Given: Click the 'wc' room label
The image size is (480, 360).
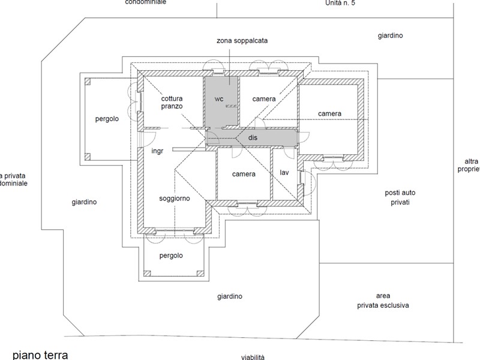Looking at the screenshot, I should coord(219,98).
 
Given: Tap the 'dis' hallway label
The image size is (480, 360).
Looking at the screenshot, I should coord(253,138).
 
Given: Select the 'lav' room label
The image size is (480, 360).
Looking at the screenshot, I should coord(285,173).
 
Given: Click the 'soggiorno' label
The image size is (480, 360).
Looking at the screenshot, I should coord(175,198).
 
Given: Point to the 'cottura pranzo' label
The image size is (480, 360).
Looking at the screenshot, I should coord(172,102).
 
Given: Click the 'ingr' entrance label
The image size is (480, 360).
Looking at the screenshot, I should coord(158,151).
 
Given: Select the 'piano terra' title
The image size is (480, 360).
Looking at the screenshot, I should coord(40,355).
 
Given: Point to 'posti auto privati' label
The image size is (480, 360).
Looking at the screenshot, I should coord(400,197).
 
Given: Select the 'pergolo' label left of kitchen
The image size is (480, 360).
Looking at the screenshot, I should coord(107,119).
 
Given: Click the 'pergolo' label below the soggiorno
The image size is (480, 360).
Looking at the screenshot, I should coord(171,256).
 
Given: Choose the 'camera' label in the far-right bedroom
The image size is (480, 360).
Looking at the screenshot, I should coord(330,113).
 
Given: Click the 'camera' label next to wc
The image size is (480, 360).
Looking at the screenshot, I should coord(264,98).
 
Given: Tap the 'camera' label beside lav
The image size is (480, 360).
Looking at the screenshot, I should coord(244,174).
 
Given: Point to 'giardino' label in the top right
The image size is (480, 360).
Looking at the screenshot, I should coord(390,36).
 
